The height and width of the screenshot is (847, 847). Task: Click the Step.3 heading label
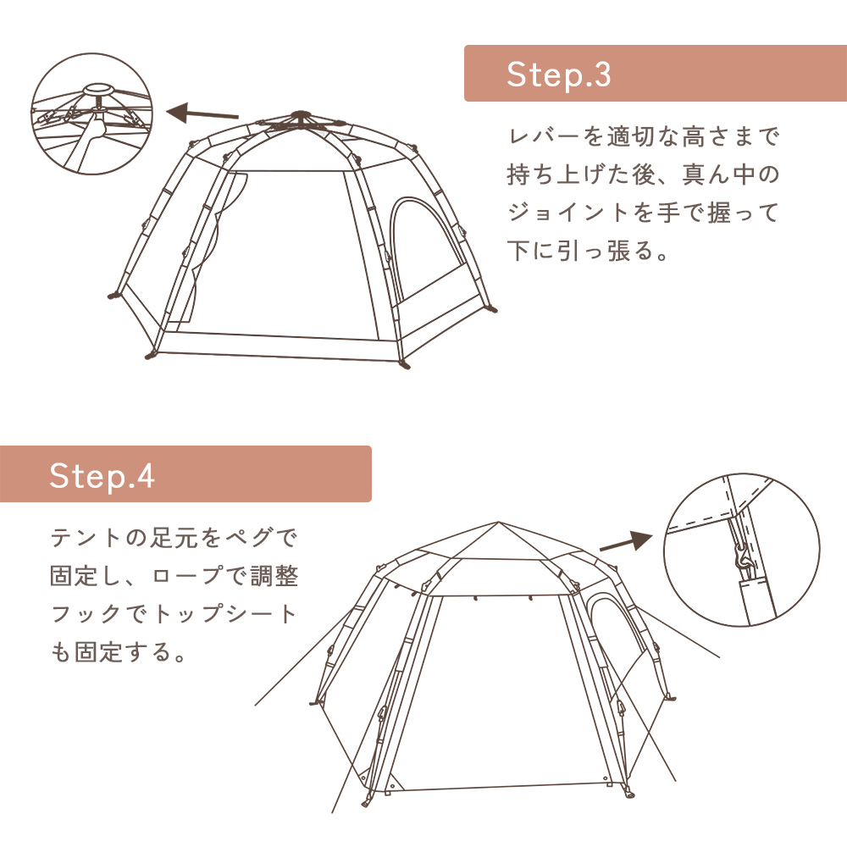click(558, 75)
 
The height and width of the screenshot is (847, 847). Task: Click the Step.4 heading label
click(102, 475)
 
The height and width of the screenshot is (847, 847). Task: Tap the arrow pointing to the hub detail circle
click(202, 113)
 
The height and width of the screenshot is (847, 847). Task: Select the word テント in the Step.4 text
click(87, 538)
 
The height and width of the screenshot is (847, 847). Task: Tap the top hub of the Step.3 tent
click(297, 116)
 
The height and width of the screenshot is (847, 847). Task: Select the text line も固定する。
click(119, 654)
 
